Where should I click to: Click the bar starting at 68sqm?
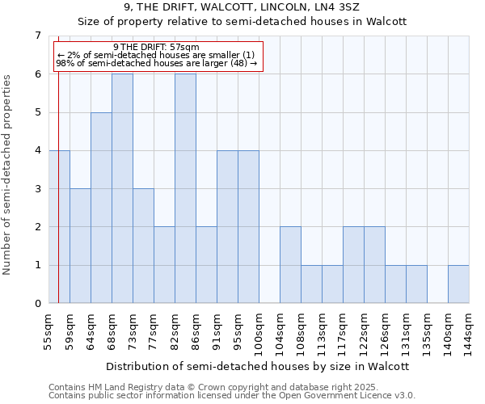click(122, 188)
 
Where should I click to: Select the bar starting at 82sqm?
click(185, 188)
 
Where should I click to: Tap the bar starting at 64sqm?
click(101, 208)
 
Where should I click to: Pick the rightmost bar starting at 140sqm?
click(458, 284)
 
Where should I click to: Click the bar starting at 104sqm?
click(290, 265)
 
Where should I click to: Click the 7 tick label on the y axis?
click(37, 36)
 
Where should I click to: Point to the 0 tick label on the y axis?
click(37, 304)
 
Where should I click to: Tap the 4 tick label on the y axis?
click(37, 150)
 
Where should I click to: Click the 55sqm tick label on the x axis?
click(48, 331)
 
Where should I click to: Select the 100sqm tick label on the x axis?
click(259, 334)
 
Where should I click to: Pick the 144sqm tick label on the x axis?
click(469, 334)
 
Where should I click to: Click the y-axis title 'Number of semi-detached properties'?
click(8, 175)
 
